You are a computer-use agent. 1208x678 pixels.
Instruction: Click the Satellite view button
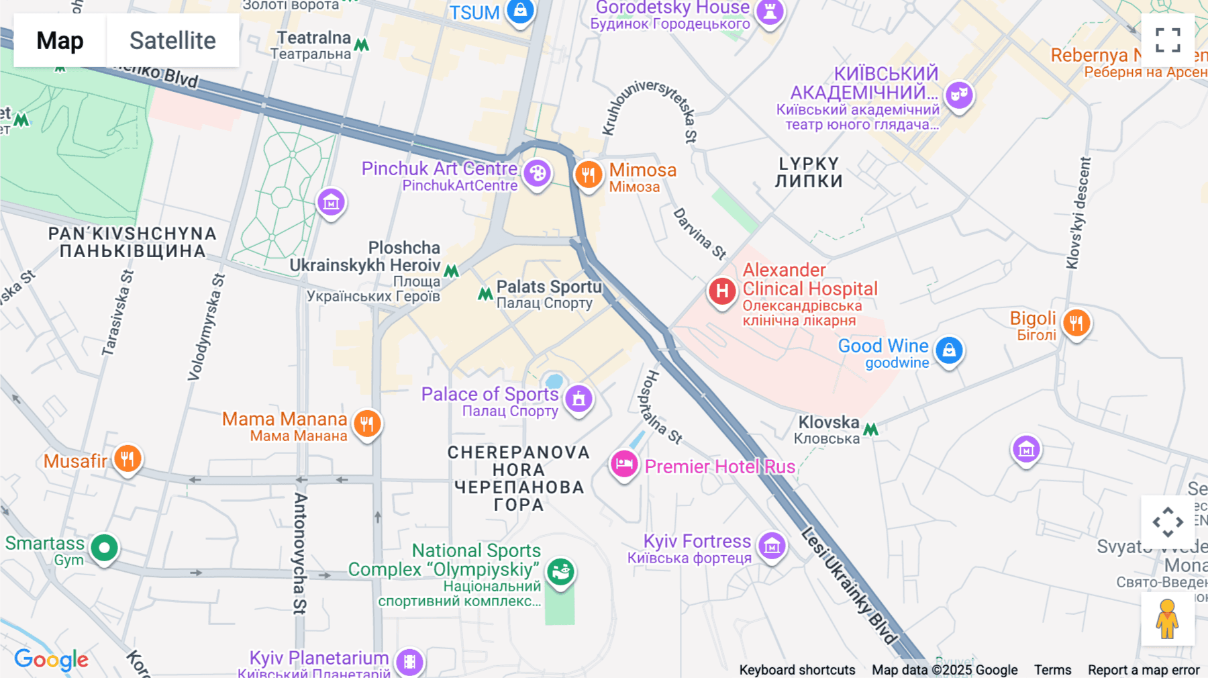(172, 40)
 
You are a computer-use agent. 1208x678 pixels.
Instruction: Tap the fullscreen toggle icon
(1168, 40)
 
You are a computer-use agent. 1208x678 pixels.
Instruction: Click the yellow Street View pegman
(1167, 619)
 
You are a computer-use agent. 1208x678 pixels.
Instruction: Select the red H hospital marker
(722, 291)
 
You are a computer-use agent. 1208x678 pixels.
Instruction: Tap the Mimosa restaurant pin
(588, 175)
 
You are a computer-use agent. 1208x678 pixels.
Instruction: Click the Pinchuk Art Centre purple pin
(537, 173)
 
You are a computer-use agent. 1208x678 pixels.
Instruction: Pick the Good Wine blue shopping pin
(949, 350)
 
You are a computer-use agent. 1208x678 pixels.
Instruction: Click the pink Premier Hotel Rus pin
(623, 463)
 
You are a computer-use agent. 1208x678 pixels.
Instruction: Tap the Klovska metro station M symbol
(870, 429)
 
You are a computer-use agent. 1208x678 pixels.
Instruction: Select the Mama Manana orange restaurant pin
(366, 423)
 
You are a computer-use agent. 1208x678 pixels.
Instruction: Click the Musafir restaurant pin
(127, 458)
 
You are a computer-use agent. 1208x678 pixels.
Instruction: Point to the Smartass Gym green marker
(104, 548)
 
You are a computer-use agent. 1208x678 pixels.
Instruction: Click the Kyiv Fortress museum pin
(772, 546)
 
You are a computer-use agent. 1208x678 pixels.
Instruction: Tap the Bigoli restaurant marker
(1076, 323)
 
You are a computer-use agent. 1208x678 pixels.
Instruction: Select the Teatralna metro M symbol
(362, 45)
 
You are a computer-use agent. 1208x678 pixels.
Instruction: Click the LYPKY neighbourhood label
(809, 173)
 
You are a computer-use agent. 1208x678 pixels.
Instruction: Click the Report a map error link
(1143, 669)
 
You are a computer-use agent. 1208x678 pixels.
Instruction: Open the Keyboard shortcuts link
(797, 669)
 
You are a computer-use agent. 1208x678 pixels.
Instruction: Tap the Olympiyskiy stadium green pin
(560, 571)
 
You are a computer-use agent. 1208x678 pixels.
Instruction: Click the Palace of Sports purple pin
(578, 398)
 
